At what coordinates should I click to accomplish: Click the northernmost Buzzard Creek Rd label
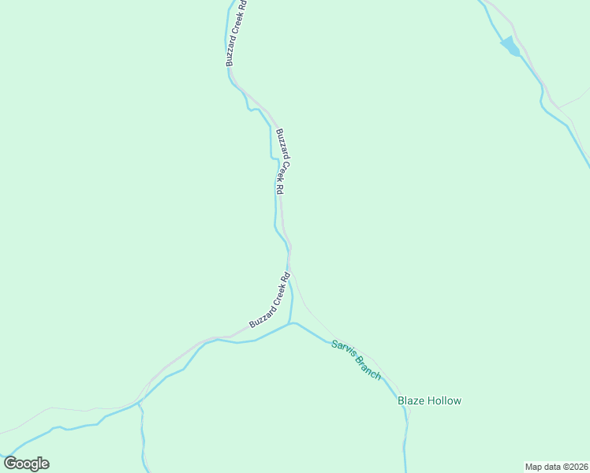click(235, 32)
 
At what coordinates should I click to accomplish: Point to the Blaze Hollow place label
click(429, 400)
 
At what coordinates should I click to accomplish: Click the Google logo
click(26, 464)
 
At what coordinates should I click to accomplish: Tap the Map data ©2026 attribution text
click(556, 467)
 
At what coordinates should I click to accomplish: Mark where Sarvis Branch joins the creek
click(293, 322)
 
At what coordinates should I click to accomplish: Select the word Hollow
click(445, 400)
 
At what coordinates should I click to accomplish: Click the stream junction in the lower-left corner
click(139, 403)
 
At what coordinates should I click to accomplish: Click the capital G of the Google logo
click(11, 464)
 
